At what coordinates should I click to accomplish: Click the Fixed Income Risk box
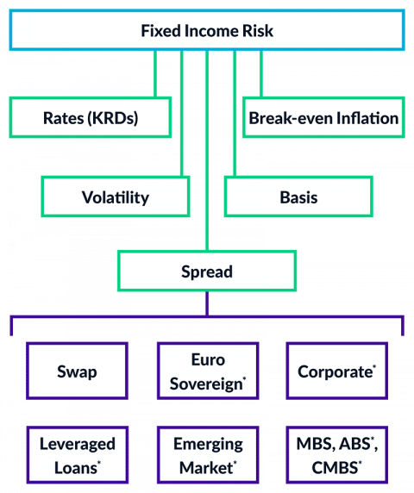tap(207, 30)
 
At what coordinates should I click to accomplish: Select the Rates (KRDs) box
tap(91, 118)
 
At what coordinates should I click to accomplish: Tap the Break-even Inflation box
tap(323, 118)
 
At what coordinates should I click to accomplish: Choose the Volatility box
tap(116, 197)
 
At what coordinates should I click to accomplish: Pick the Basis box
tap(298, 197)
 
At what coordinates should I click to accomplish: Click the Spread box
tap(207, 271)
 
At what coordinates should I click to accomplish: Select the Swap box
tap(77, 372)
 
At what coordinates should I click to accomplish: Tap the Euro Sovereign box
tap(207, 372)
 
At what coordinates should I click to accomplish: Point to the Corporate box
tap(336, 372)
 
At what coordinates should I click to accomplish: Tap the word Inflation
tap(367, 118)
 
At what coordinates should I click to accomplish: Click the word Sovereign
tap(205, 383)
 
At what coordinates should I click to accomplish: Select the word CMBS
tap(332, 468)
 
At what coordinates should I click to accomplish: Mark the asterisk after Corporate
tap(373, 367)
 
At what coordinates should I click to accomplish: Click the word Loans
tap(72, 468)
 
